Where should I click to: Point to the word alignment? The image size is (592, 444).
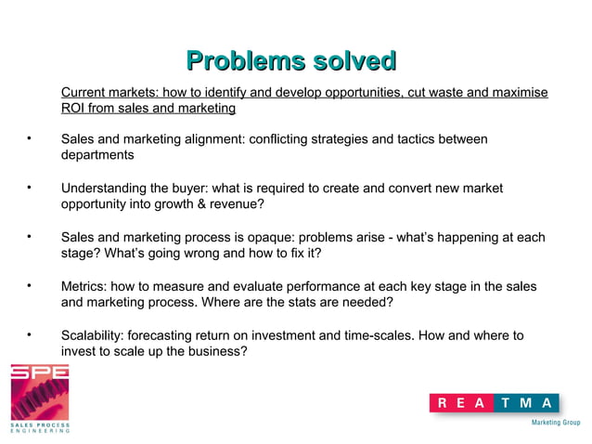[209, 139]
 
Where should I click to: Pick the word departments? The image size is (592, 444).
[97, 155]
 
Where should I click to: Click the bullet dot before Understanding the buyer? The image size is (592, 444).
[29, 189]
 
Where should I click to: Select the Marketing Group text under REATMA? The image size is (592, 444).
[555, 422]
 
